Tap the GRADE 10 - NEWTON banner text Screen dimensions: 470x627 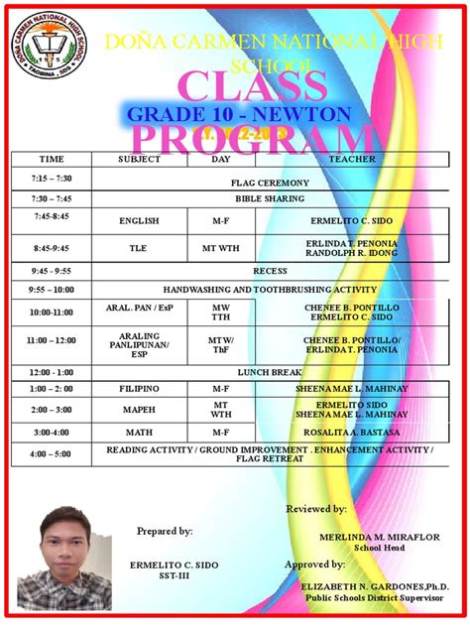tap(239, 113)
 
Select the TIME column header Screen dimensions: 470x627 tap(51, 159)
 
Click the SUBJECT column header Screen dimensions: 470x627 tap(139, 159)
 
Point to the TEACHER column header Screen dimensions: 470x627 tap(352, 159)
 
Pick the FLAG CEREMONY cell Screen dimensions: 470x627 tap(270, 183)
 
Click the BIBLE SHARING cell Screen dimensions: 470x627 tap(270, 198)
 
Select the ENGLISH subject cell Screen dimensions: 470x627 tap(139, 220)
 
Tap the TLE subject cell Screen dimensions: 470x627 tap(139, 248)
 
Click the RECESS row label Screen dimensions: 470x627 tap(270, 270)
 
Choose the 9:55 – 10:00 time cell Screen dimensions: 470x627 tap(52, 290)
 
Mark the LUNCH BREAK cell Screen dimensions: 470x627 tap(270, 371)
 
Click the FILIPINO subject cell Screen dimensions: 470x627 tap(139, 388)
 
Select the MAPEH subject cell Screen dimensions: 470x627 tap(139, 410)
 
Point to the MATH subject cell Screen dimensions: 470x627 tap(139, 433)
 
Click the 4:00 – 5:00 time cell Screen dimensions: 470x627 tap(52, 453)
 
